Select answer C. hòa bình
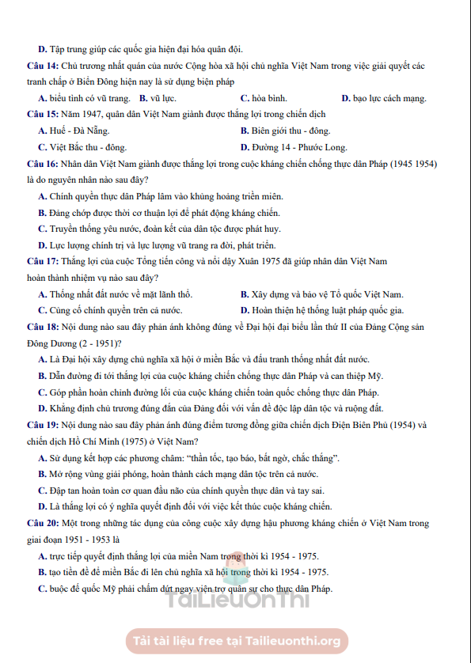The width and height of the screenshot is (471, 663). [x=264, y=98]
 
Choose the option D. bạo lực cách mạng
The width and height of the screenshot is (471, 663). [x=384, y=98]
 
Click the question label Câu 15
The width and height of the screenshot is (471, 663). [x=42, y=114]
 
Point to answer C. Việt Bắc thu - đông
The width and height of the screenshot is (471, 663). [x=82, y=146]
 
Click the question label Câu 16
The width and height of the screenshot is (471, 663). [x=42, y=164]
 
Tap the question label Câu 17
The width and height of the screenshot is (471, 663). [x=42, y=261]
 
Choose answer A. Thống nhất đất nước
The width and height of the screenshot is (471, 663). [x=115, y=294]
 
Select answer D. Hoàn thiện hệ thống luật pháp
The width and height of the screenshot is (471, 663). [x=322, y=310]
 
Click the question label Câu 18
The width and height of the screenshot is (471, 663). [x=42, y=327]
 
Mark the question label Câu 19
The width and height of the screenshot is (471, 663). [x=42, y=425]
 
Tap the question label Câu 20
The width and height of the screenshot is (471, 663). [x=42, y=524]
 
